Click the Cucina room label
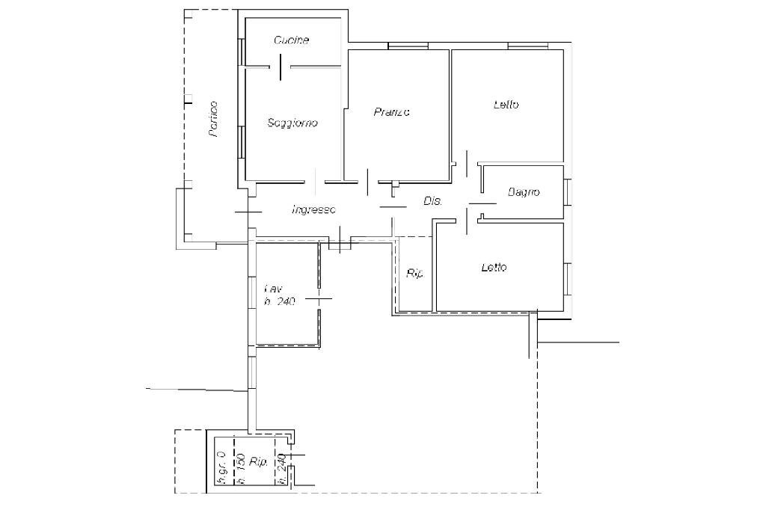291,40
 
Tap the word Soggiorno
292,123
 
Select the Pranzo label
391,112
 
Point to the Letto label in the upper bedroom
506,105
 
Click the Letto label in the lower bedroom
494,267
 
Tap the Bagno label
524,192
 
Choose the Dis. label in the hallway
433,201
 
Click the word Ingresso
313,210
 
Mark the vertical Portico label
214,119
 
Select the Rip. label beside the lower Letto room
414,274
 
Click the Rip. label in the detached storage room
259,463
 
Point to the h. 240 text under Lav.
280,302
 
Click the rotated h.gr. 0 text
221,469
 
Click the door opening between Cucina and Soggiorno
280,67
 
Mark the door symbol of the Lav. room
319,298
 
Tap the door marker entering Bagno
482,203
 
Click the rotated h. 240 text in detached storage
282,470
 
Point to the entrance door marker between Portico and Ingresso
248,212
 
